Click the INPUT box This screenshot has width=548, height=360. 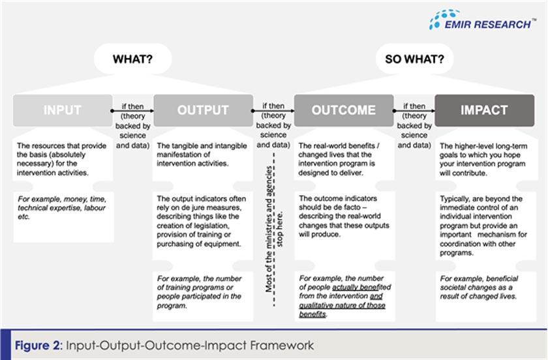tap(62, 110)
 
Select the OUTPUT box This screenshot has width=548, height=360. tap(203, 110)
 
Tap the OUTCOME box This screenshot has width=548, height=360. tap(343, 110)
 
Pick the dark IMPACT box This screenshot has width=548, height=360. tap(484, 110)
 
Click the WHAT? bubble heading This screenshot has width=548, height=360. tap(132, 59)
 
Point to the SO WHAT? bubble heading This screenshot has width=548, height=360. tap(414, 59)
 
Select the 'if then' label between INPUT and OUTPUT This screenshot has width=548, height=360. tap(132, 105)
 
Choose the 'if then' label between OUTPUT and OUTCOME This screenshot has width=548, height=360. tap(273, 105)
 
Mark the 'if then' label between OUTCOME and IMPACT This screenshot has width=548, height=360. tap(414, 105)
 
